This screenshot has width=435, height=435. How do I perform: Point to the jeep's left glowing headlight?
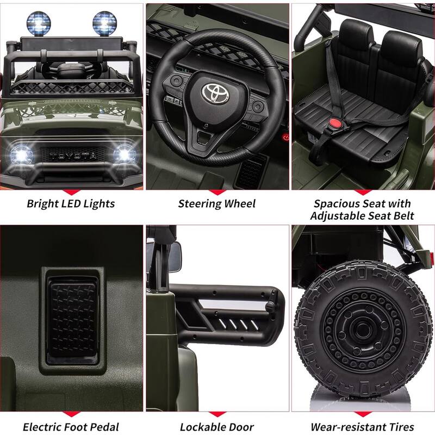click(x=20, y=155)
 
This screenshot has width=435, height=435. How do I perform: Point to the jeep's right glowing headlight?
click(x=123, y=155)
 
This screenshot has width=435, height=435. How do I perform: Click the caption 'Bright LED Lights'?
click(x=71, y=204)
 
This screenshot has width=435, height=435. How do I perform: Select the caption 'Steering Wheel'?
click(x=217, y=204)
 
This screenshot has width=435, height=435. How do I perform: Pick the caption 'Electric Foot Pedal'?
click(x=71, y=427)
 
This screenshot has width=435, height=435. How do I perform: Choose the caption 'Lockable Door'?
click(x=217, y=427)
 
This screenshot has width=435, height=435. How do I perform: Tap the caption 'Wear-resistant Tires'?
click(x=362, y=427)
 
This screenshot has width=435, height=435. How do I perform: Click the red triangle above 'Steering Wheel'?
click(x=217, y=192)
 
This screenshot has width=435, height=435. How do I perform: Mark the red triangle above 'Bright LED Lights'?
click(x=71, y=192)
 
